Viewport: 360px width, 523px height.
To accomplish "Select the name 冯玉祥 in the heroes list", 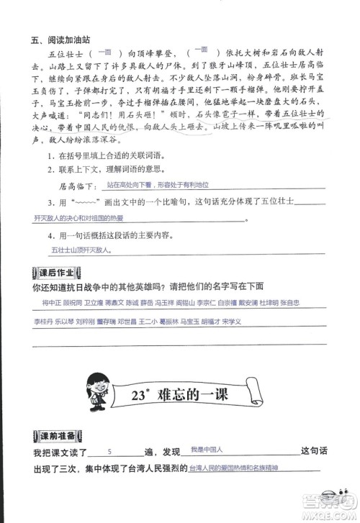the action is pyautogui.click(x=166, y=304).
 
